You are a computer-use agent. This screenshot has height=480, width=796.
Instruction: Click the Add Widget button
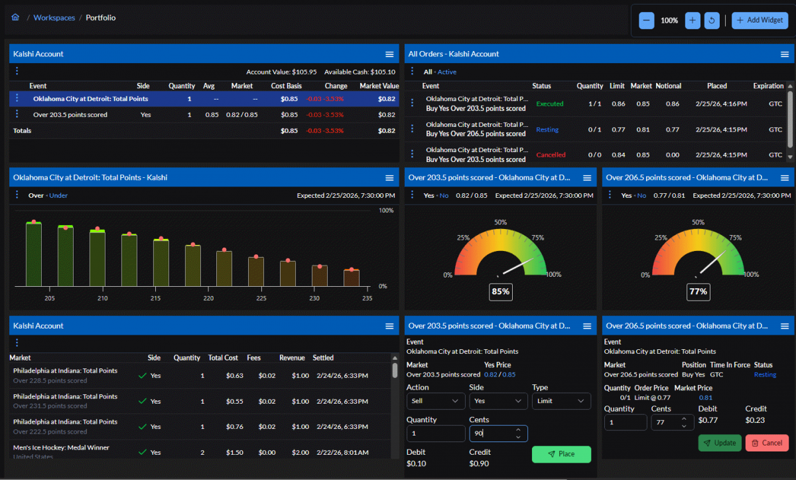tap(760, 20)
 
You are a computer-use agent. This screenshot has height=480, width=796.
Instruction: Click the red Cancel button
tap(767, 443)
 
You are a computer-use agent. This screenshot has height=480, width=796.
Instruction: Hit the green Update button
tap(720, 443)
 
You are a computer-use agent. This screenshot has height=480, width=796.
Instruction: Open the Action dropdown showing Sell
tap(435, 401)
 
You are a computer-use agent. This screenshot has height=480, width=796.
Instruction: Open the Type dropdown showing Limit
tap(561, 401)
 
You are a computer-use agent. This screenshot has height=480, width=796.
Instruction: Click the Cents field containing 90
tap(491, 434)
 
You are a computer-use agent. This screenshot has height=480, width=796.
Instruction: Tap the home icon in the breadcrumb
tap(15, 18)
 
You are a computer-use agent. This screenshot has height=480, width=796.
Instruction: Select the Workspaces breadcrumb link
tap(54, 18)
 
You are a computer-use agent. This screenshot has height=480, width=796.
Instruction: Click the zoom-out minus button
tap(646, 21)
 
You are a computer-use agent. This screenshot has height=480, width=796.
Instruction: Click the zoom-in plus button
tap(693, 21)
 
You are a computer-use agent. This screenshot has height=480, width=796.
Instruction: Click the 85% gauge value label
tap(500, 291)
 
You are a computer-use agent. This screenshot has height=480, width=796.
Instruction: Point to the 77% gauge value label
tap(698, 291)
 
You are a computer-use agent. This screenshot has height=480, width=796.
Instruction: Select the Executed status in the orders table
tap(549, 104)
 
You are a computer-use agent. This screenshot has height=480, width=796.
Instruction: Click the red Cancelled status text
tap(551, 155)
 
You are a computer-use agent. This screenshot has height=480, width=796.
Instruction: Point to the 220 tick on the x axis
tap(208, 299)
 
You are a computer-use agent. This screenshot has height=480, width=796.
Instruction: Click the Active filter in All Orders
tap(447, 72)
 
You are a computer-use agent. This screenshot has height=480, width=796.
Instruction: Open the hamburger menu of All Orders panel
tap(785, 54)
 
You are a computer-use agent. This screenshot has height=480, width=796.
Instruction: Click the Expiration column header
tap(768, 86)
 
